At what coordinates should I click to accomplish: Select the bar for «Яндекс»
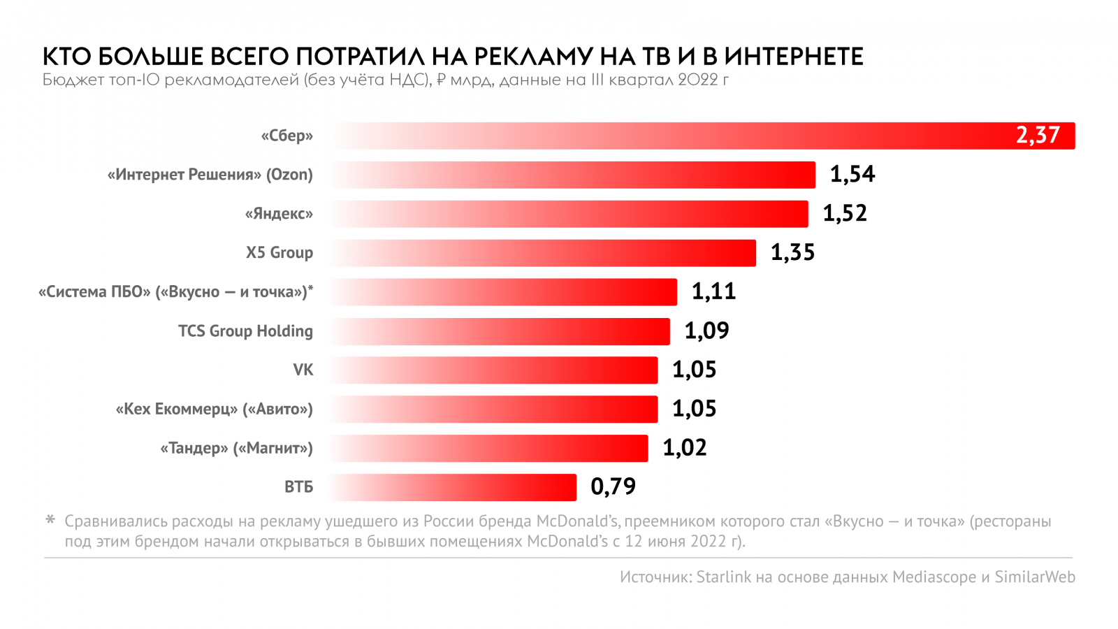(569, 214)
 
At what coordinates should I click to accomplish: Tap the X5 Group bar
(543, 253)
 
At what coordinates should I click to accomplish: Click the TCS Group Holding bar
(500, 331)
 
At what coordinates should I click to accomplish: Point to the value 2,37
(1038, 135)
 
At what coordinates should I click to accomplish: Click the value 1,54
(852, 174)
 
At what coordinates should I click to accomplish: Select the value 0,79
(613, 486)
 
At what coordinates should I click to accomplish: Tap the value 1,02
(684, 447)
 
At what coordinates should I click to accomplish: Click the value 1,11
(713, 291)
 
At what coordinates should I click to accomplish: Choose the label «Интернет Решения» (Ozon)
(210, 175)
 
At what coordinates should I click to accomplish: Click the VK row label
(303, 370)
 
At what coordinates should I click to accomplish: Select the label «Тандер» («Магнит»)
(236, 448)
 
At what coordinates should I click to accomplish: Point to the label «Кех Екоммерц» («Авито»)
(214, 409)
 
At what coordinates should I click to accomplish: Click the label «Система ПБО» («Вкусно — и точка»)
(175, 292)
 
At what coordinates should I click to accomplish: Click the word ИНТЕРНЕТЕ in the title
(793, 56)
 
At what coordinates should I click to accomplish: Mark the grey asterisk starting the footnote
(50, 520)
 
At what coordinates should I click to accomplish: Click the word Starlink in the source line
(723, 577)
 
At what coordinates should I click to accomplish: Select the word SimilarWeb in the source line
(1035, 577)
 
